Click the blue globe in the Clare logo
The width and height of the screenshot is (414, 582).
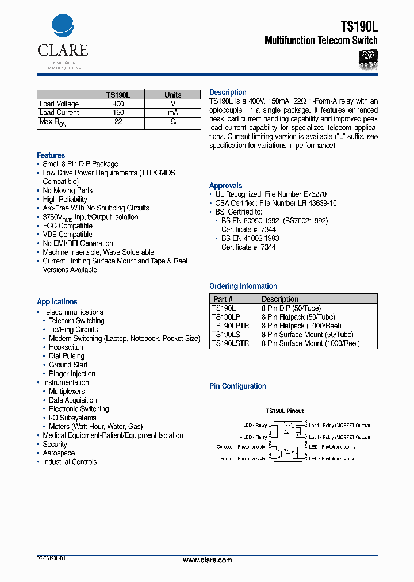point(63,26)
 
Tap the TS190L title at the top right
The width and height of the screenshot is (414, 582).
point(359,26)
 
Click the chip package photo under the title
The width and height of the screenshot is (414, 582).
point(368,59)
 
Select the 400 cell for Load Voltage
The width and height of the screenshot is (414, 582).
point(118,104)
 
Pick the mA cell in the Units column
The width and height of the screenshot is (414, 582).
point(172,113)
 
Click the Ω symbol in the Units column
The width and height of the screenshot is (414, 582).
point(172,122)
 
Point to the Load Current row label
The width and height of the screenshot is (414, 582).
point(59,113)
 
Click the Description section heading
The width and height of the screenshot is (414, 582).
point(228,93)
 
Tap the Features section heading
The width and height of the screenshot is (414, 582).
point(51,155)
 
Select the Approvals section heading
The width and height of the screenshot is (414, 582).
point(226,186)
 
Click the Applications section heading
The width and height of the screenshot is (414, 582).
point(57,301)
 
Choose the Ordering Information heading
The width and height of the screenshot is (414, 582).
point(243,286)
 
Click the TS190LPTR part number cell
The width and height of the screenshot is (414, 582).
point(230,326)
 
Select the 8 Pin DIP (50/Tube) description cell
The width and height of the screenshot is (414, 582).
point(291,308)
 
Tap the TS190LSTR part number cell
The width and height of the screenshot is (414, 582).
point(231,343)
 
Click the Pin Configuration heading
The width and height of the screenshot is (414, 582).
point(237,386)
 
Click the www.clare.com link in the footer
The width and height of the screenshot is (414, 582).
point(208,560)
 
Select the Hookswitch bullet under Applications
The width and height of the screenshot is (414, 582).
point(66,347)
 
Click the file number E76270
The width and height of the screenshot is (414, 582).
point(315,194)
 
